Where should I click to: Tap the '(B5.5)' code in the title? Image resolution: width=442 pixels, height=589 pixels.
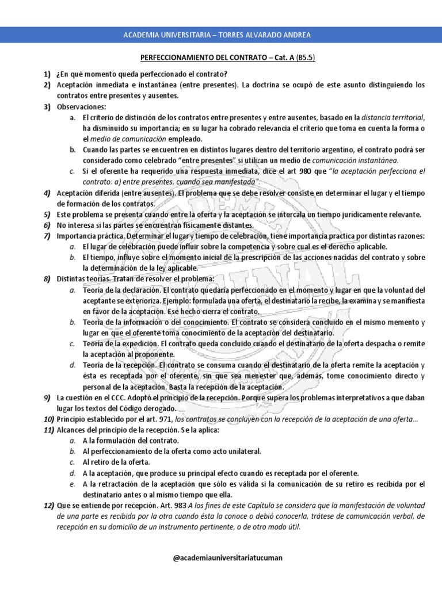(306, 58)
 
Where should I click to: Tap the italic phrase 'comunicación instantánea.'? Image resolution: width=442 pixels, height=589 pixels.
(355, 160)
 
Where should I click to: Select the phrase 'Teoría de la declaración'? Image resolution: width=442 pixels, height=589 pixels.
(121, 290)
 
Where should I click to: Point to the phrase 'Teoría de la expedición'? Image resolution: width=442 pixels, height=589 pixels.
(120, 343)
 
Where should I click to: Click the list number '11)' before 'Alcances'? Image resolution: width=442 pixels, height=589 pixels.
(48, 430)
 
